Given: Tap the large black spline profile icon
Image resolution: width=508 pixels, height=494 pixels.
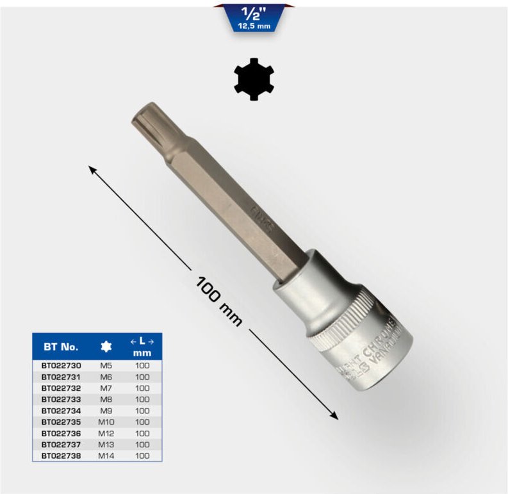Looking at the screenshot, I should tap(254, 79).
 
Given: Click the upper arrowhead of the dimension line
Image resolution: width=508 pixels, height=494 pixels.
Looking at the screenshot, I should tap(92, 169).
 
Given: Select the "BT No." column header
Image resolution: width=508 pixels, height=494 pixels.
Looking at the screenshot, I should tap(61, 347).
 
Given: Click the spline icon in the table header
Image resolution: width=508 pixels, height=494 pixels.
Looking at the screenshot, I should tap(106, 347).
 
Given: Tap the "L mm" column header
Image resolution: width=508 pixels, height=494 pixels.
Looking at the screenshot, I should tap(142, 347).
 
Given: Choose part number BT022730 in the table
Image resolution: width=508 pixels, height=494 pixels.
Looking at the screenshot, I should tap(61, 365).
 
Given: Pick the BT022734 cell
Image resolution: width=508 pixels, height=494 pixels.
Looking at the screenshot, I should tap(61, 411).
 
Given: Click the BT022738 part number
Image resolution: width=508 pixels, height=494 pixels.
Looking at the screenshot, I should tap(61, 456).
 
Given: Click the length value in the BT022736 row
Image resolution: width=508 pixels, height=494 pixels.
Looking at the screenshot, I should tap(142, 433).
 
